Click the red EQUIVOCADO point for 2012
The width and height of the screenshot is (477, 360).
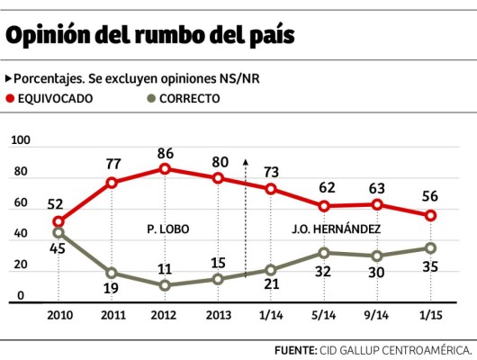[165, 168]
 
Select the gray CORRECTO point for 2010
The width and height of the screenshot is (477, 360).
[58, 233]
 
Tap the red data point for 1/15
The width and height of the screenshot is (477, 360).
[431, 215]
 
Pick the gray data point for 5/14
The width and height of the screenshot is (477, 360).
[325, 253]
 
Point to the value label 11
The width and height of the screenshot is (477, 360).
[165, 268]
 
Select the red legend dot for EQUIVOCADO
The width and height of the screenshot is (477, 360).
[11, 98]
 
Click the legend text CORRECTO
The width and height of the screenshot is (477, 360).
[190, 98]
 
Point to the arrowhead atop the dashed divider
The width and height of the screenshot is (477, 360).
[245, 162]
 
